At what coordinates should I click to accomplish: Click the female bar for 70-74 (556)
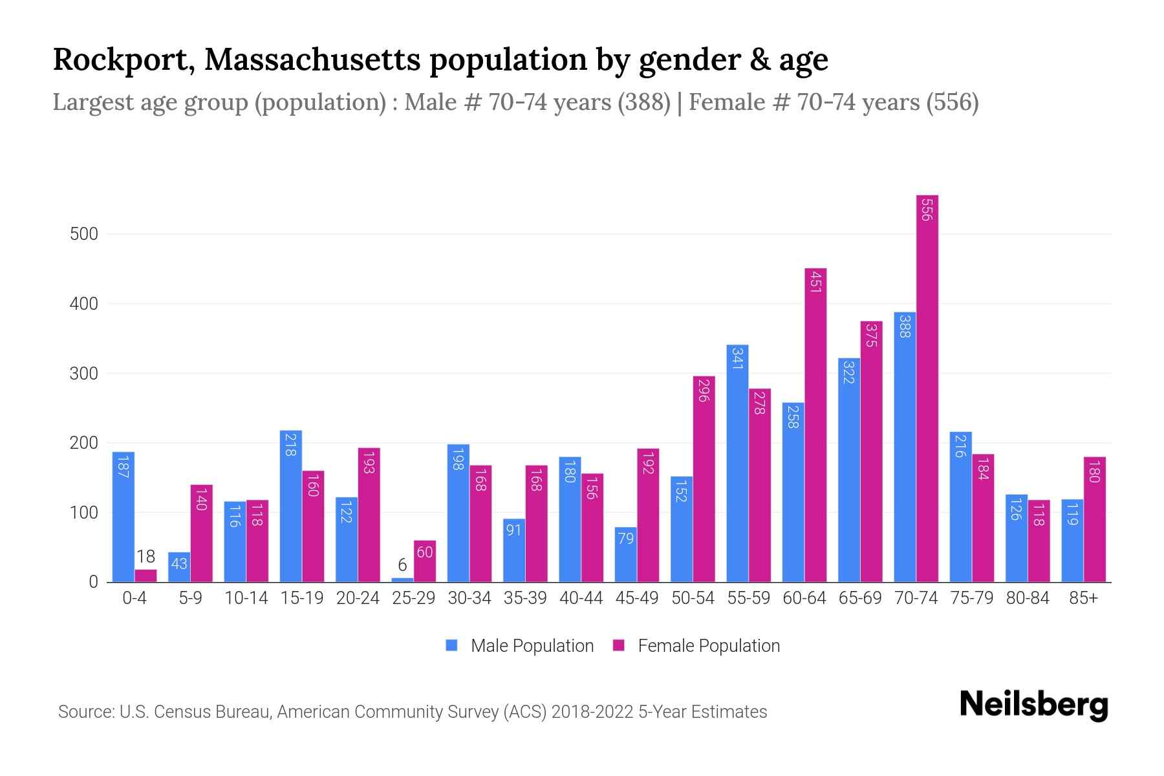(x=927, y=388)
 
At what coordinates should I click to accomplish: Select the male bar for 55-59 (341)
(x=737, y=463)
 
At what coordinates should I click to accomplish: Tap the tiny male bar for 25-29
(x=402, y=579)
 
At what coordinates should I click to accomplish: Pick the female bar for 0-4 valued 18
(x=145, y=576)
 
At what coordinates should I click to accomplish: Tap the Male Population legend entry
(x=521, y=646)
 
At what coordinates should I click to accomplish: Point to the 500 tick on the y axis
(x=84, y=234)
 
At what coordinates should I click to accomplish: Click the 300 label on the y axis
(x=84, y=374)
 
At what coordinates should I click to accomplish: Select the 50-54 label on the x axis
(x=693, y=598)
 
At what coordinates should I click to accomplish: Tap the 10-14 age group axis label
(x=246, y=598)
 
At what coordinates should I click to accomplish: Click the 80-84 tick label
(x=1028, y=598)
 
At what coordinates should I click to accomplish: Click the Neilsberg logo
(x=1033, y=705)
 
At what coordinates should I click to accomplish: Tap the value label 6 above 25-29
(x=402, y=565)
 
